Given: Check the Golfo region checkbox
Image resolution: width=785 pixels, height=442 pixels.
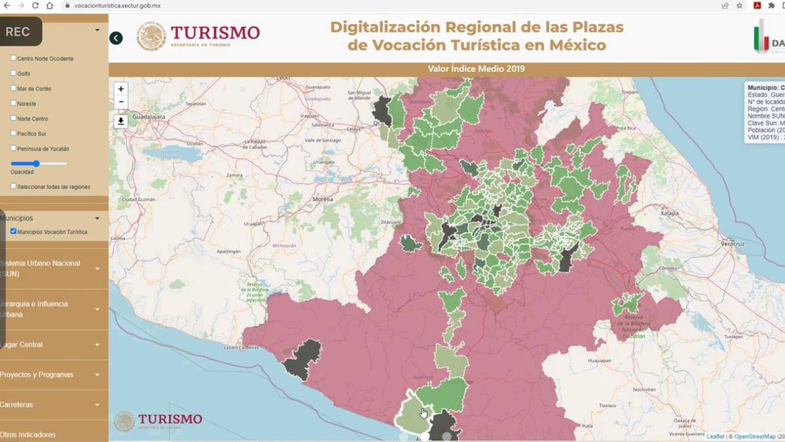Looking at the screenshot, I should tap(14, 73).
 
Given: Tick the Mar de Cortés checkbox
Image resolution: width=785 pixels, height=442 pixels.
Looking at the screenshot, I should tap(14, 88).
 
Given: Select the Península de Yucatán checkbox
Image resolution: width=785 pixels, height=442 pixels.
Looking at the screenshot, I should tap(14, 149).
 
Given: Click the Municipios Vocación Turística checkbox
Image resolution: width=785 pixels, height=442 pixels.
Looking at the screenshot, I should tap(14, 231).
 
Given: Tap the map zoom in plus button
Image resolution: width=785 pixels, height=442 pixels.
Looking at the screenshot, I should tap(120, 89).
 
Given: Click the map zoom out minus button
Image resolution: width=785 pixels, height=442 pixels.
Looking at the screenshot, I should tap(120, 102).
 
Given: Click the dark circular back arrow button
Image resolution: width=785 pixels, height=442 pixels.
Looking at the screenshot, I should tap(116, 38).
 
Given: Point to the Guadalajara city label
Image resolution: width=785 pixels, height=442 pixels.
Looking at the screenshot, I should tap(148, 115).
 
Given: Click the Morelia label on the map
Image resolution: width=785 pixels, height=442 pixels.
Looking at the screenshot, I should tap(323, 198).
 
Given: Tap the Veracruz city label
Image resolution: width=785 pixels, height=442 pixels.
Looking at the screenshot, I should tap(733, 243).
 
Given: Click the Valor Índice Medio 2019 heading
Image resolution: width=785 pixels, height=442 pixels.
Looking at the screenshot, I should tap(476, 69).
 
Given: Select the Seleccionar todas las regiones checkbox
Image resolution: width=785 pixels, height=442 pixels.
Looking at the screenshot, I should tap(14, 187).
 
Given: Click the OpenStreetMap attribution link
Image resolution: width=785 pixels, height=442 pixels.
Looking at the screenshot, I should tap(754, 436).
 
